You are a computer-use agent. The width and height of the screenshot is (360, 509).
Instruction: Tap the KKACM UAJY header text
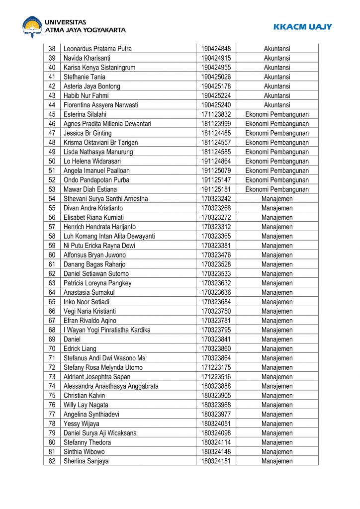(x=302, y=26)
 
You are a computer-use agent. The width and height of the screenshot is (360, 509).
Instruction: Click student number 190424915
(x=216, y=58)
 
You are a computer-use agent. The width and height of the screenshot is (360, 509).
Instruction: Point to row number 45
(x=52, y=114)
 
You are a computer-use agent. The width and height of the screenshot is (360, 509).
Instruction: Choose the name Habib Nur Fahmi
(x=86, y=95)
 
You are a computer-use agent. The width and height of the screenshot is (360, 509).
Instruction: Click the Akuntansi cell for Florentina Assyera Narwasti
(x=277, y=105)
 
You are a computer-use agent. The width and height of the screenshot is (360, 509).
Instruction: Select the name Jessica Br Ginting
(x=88, y=133)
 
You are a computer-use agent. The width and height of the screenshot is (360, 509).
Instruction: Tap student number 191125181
(x=216, y=189)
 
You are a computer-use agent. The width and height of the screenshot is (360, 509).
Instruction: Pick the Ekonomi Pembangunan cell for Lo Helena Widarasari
(x=277, y=161)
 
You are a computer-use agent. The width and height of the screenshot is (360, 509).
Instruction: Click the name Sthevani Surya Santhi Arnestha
(x=105, y=199)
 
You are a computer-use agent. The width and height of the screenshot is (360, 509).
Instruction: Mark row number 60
(x=52, y=255)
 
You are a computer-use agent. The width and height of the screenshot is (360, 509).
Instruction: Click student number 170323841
(x=216, y=339)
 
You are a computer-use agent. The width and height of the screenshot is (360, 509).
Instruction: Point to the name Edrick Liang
(x=80, y=348)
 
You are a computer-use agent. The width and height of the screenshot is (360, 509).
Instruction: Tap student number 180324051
(x=216, y=424)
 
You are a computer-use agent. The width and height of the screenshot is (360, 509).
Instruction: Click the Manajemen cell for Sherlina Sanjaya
(x=277, y=461)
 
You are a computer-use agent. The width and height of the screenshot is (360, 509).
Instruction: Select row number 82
(x=52, y=461)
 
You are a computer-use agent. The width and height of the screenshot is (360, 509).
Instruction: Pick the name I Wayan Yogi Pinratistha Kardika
(x=107, y=330)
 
